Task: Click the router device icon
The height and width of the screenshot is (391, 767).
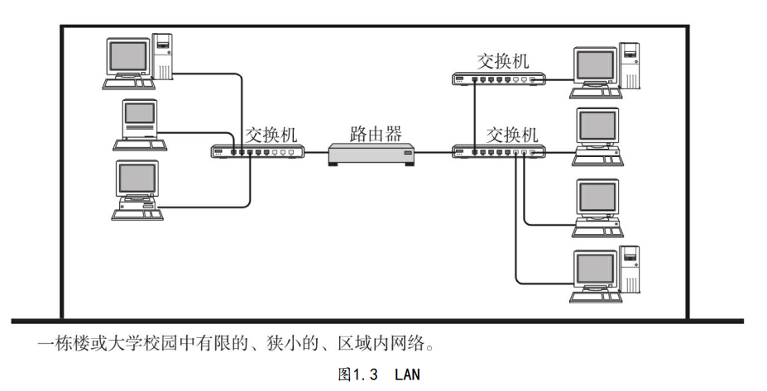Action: (x=371, y=154)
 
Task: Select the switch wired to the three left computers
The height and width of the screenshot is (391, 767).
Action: (x=257, y=151)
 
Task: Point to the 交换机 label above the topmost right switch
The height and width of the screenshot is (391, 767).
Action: (x=503, y=60)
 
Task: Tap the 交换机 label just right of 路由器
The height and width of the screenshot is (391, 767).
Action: (x=511, y=133)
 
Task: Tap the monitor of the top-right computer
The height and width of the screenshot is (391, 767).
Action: (x=597, y=65)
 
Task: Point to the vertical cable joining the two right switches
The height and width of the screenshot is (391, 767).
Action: (x=475, y=114)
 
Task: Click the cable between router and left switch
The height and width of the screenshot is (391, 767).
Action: (x=316, y=152)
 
